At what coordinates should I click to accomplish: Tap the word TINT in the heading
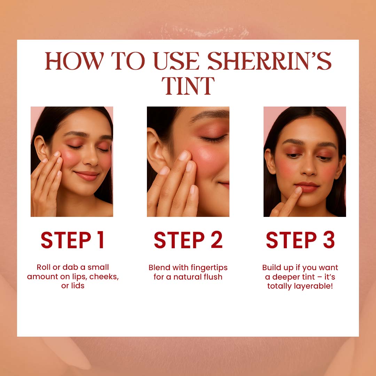188,86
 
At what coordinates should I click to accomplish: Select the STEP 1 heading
72,240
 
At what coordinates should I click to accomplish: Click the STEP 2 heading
188,240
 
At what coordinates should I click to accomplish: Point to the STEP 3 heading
300,240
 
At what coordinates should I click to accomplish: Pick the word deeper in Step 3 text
285,277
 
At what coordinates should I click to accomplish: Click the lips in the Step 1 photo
87,175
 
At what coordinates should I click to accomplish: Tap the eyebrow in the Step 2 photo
210,115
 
